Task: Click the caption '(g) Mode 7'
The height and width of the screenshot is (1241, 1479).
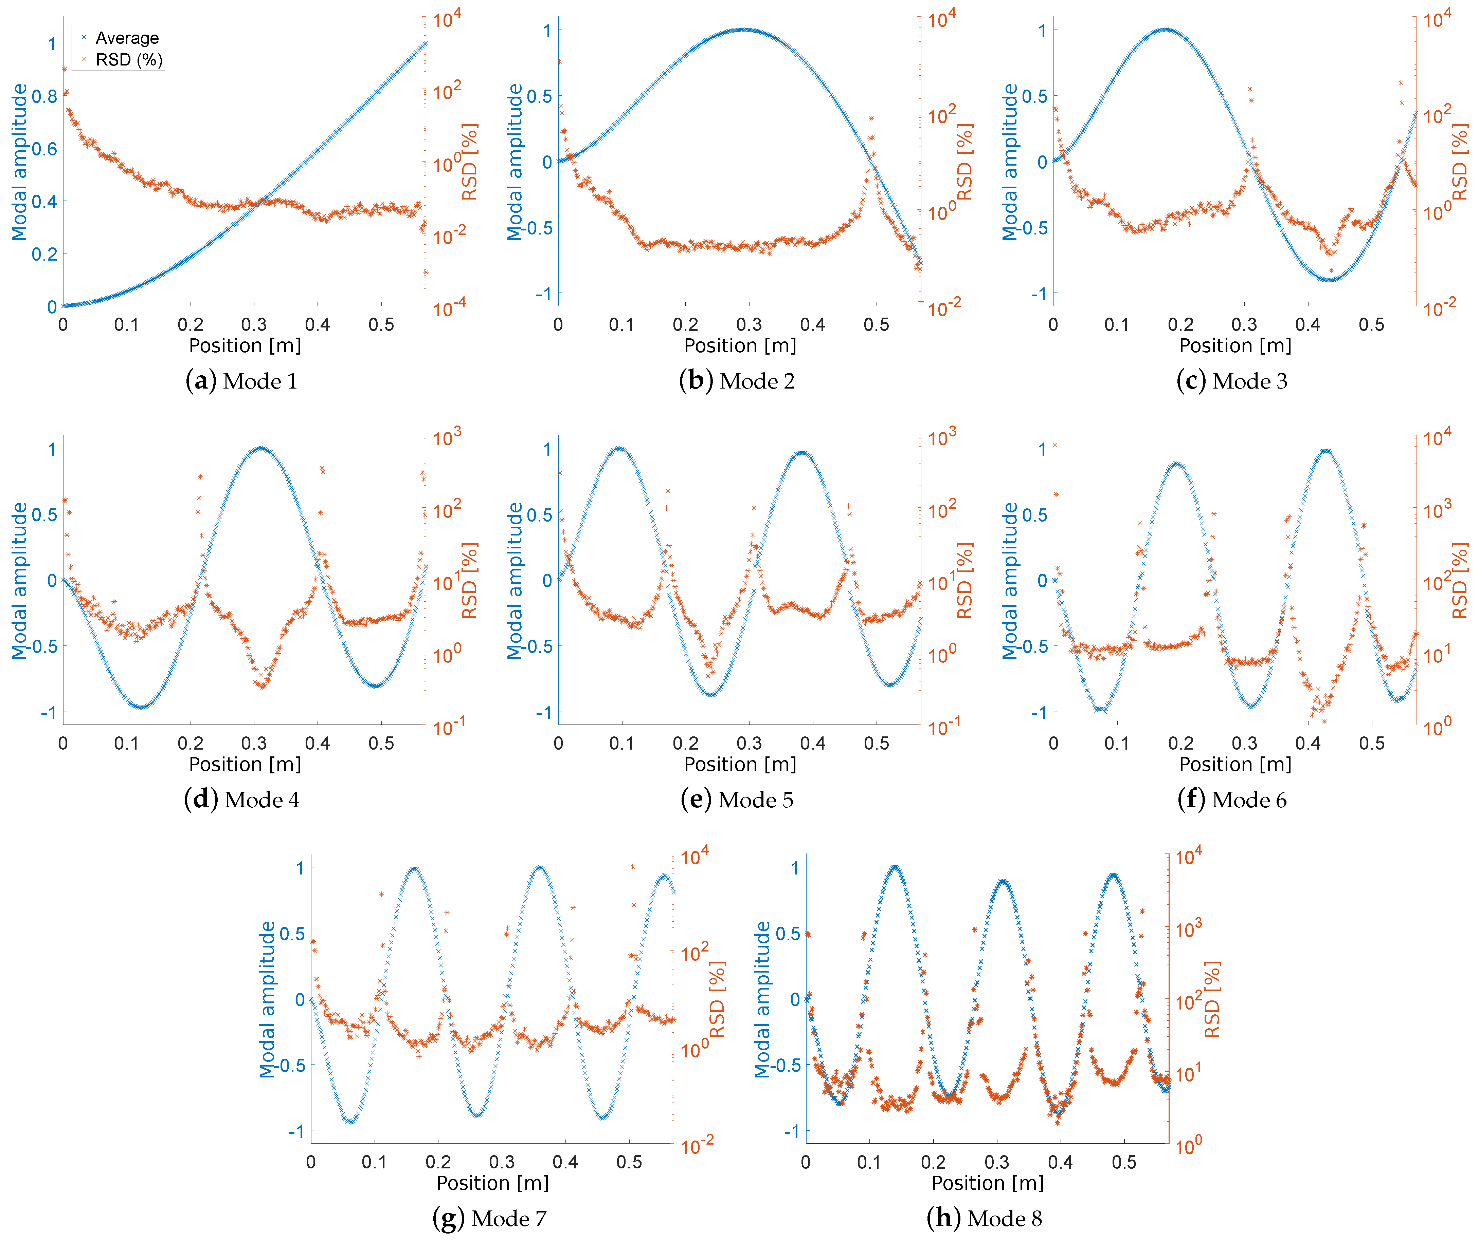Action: pyautogui.click(x=489, y=1219)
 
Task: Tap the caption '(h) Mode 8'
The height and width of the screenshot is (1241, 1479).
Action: pyautogui.click(x=985, y=1219)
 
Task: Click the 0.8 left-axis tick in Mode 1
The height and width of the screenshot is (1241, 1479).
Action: pyautogui.click(x=44, y=96)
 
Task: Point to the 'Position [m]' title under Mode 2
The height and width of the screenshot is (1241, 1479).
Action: pyautogui.click(x=740, y=345)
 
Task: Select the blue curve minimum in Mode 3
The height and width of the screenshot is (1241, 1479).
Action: pyautogui.click(x=1328, y=279)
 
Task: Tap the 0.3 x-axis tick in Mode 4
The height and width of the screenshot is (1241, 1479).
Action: pyautogui.click(x=254, y=743)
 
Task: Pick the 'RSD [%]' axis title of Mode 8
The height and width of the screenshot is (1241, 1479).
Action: pyautogui.click(x=1212, y=1000)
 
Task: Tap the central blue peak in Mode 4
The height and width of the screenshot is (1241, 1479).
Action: pyautogui.click(x=261, y=448)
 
